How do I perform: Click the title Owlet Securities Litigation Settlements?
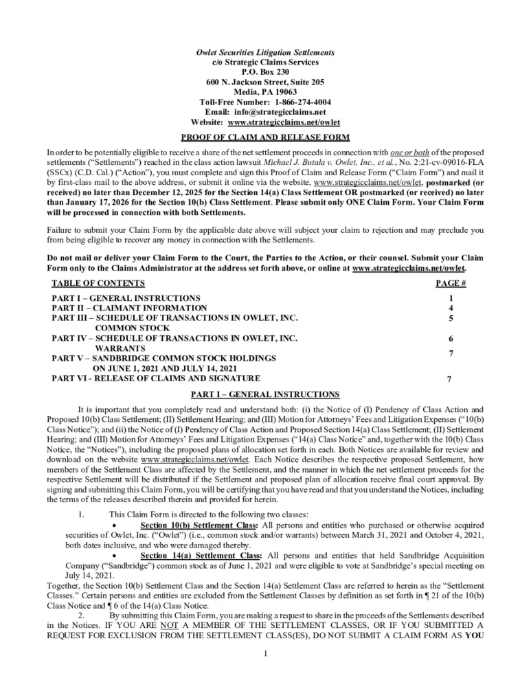click(265, 52)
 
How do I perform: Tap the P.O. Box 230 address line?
click(265, 71)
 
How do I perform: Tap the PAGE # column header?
click(451, 283)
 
